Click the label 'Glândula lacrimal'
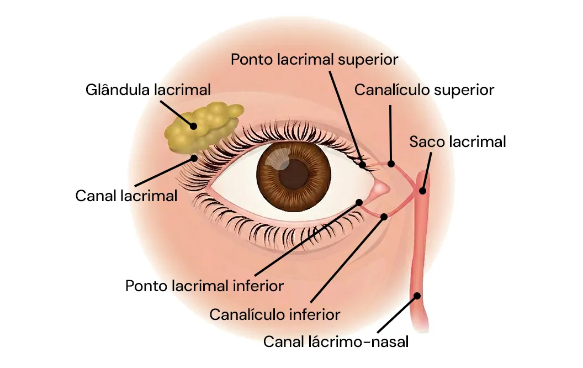(x=148, y=90)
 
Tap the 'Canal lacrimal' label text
(x=126, y=196)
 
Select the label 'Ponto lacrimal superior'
(x=314, y=59)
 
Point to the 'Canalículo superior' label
(x=424, y=90)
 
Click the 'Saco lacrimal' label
(x=457, y=142)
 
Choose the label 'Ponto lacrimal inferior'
(x=204, y=286)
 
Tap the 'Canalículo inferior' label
(x=274, y=315)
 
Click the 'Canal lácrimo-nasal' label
(x=336, y=341)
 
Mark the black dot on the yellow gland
(x=194, y=126)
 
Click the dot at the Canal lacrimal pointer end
(x=194, y=157)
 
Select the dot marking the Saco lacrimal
(x=422, y=191)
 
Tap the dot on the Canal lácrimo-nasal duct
(x=418, y=296)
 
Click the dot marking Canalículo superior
(x=391, y=164)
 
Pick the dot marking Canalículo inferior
(x=385, y=216)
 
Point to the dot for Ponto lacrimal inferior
(x=359, y=202)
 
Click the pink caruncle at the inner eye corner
(x=380, y=190)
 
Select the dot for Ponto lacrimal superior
(x=363, y=164)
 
